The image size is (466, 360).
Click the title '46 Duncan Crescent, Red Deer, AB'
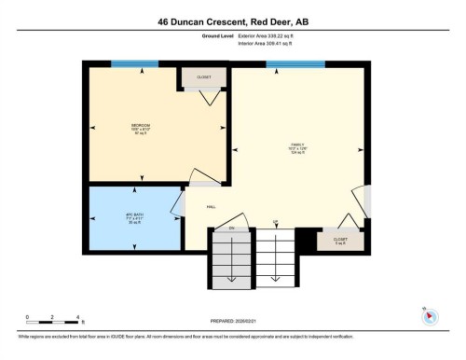(232, 19)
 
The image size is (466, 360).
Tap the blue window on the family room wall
(295, 64)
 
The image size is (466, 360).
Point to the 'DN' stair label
(231, 228)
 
